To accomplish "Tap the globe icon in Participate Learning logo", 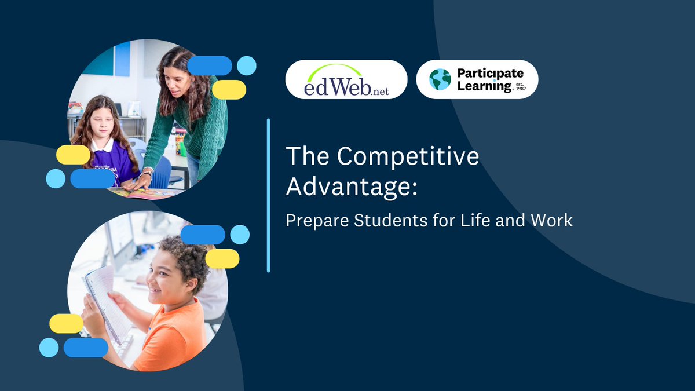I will coord(440,79).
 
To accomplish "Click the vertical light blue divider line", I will coord(269,195).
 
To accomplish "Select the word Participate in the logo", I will coord(490,74).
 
